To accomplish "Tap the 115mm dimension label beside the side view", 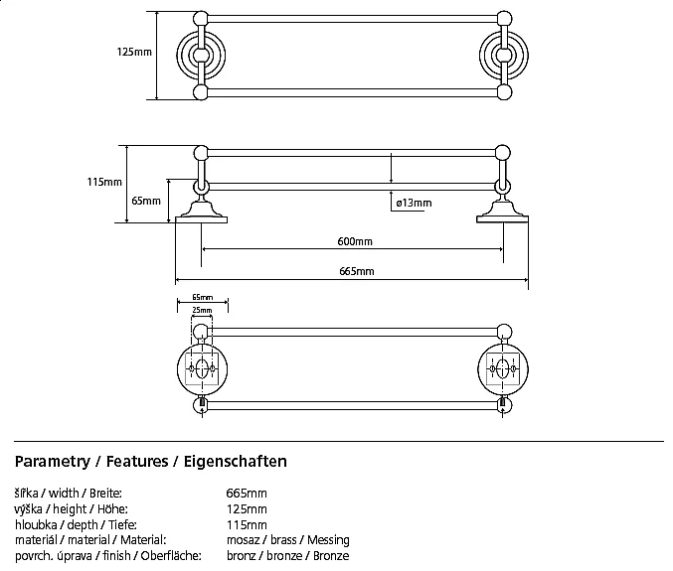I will [104, 182].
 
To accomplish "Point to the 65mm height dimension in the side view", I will [145, 201].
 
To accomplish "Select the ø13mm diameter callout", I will [414, 203].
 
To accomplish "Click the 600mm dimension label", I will [355, 242].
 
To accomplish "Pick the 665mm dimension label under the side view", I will [355, 271].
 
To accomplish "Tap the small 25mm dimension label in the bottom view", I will [201, 311].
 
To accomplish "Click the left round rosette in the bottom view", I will [201, 369].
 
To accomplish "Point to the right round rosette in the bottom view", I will [501, 369].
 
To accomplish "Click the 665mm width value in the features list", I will [247, 494].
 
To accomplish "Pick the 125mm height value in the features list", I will [247, 509].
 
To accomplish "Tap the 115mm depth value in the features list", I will [247, 524].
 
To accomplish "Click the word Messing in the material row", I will [327, 539].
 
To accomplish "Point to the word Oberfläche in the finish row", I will [175, 555].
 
